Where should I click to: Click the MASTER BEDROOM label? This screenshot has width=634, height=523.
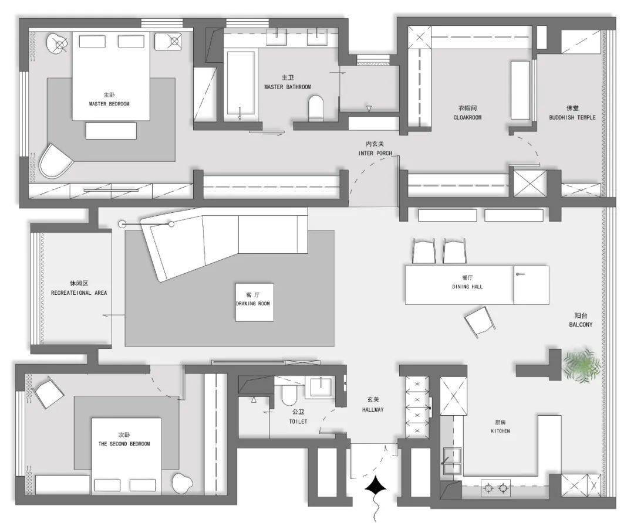109,104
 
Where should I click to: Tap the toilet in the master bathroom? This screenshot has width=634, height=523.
316,108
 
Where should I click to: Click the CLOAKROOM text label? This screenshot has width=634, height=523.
467,117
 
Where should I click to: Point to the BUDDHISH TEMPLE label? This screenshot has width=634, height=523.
572,117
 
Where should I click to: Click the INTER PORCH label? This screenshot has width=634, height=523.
375,153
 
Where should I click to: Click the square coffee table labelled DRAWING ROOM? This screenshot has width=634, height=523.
254,302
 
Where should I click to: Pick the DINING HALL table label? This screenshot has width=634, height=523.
467,286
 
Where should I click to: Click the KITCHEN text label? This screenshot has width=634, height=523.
500,431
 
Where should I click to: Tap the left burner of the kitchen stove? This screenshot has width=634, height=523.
488,488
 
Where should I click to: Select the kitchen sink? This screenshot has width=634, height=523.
453,461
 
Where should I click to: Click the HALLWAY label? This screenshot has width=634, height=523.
373,409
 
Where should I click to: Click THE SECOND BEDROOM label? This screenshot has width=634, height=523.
124,443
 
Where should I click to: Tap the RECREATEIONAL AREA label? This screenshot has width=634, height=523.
79,293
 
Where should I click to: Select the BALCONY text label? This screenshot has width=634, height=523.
581,324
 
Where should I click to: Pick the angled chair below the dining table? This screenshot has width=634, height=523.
480,321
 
